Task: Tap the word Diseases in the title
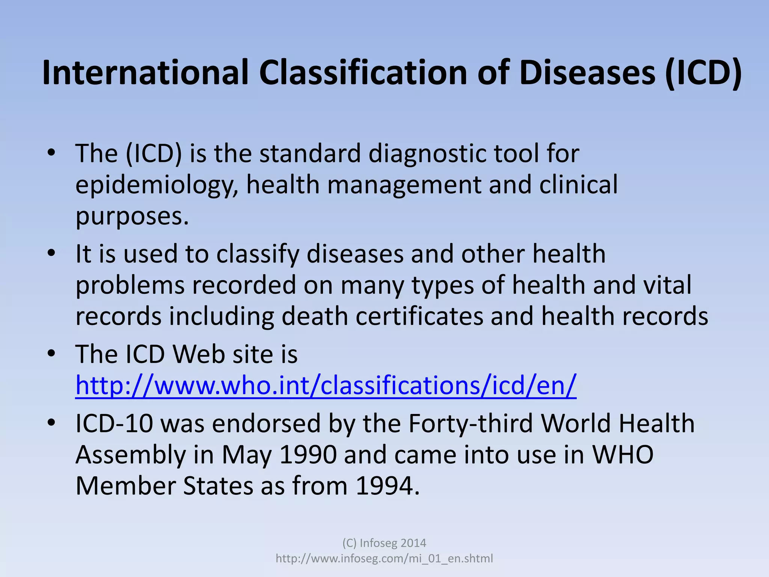point(588,73)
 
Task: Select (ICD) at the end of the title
point(703,73)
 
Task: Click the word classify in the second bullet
point(257,254)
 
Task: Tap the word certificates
point(419,316)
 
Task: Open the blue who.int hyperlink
point(326,386)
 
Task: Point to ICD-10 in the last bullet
point(114,424)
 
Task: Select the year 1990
point(308,455)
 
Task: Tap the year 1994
point(387,486)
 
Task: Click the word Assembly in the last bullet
point(131,455)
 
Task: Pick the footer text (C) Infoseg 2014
point(384,543)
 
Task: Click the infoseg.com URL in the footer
point(384,559)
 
